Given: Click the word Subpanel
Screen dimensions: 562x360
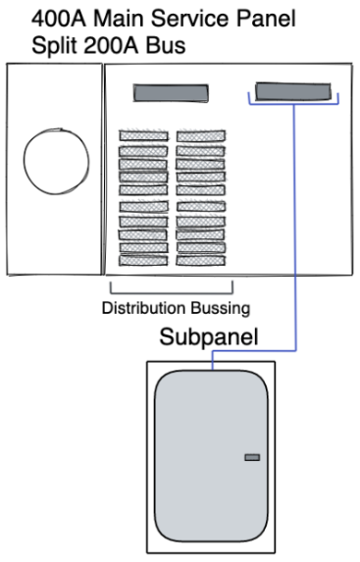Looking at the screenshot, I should click(208, 338).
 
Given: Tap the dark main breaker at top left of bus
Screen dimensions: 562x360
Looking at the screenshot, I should click(171, 93).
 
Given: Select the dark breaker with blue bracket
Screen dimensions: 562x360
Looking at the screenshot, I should click(293, 92).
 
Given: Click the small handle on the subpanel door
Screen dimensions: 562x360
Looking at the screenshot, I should click(252, 457).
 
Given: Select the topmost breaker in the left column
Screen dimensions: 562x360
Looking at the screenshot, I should click(143, 135).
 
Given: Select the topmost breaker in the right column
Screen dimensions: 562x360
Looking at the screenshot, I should click(201, 135).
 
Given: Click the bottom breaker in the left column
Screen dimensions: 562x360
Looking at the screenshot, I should click(143, 261).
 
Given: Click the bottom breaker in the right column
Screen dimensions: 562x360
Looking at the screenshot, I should click(201, 261).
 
